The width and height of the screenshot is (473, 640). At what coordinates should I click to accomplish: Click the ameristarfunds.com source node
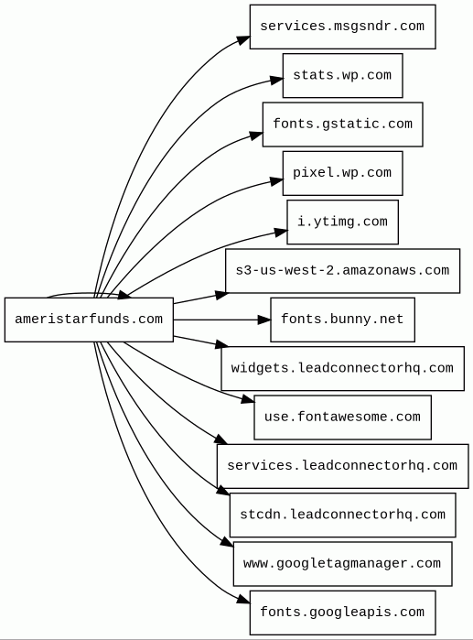point(89,320)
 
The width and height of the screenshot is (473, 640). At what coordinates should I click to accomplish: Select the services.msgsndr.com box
point(342,27)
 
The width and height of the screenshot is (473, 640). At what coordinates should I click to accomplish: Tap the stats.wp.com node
point(342,75)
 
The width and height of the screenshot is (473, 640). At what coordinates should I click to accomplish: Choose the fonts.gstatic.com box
point(342,125)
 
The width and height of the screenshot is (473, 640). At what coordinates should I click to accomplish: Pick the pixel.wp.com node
point(342,173)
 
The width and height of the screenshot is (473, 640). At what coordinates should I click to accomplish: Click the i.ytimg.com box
point(342,222)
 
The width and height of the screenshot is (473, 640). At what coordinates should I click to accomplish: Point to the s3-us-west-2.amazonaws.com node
point(342,271)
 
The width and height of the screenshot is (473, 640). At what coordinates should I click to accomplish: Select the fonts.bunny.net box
point(342,320)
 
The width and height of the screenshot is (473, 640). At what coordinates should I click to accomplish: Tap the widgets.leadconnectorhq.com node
point(342,369)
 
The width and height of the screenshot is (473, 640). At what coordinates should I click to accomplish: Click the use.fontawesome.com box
point(342,418)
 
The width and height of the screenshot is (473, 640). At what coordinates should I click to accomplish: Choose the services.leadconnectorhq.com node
point(342,466)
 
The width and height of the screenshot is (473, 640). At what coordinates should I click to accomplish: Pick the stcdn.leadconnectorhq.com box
point(342,515)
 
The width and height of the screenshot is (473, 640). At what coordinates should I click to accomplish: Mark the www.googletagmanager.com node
point(342,564)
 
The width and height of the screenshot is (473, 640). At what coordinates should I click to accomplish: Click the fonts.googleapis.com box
point(342,613)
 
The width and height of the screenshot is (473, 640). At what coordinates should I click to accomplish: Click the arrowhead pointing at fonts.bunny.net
point(264,320)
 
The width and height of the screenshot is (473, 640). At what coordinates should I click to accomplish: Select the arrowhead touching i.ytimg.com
point(281,233)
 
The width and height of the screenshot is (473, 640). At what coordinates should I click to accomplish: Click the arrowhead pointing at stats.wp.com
point(277,80)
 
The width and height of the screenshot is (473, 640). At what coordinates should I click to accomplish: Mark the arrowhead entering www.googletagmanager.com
point(228,542)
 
